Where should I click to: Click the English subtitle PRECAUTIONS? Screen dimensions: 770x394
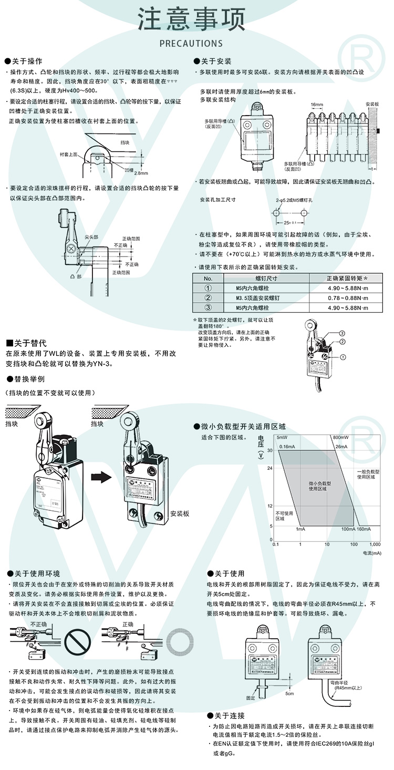point(191,43)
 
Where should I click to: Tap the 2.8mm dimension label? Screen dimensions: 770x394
point(141,173)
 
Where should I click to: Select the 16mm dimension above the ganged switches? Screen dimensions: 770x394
point(316,105)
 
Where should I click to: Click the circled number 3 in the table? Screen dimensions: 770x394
point(208,308)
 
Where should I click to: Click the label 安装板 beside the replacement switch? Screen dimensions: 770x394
point(179,514)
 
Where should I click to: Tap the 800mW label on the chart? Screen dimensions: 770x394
point(341,437)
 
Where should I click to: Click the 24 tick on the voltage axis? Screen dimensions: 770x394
point(269,468)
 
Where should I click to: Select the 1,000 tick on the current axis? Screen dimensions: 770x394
point(375,544)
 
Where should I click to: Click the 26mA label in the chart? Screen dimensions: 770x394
point(341,447)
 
